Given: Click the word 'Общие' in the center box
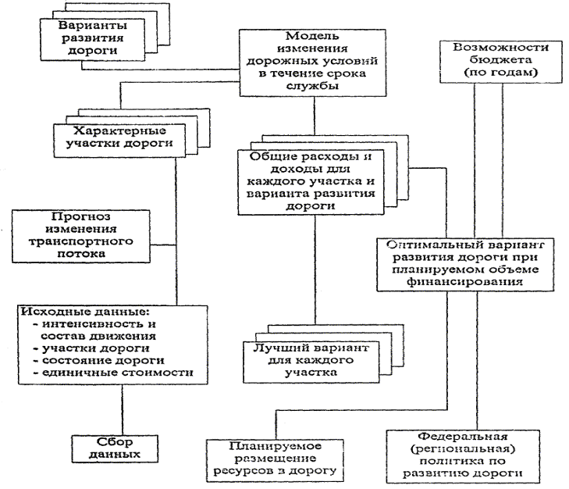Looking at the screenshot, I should tap(267, 156).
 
